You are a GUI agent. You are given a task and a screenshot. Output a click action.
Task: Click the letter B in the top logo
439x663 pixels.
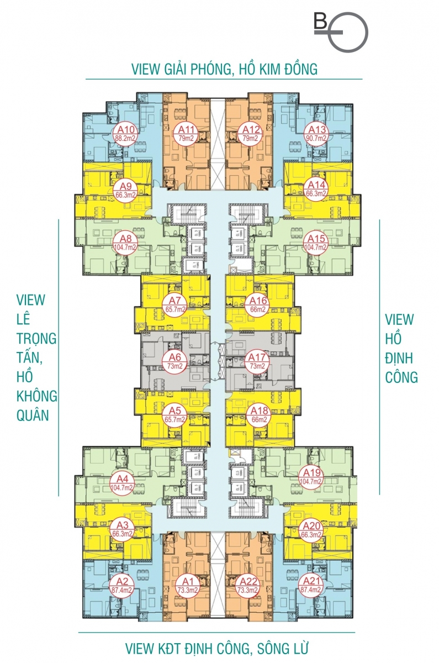[320, 22]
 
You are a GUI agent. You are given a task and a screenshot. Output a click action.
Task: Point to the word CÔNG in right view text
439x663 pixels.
[401, 377]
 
